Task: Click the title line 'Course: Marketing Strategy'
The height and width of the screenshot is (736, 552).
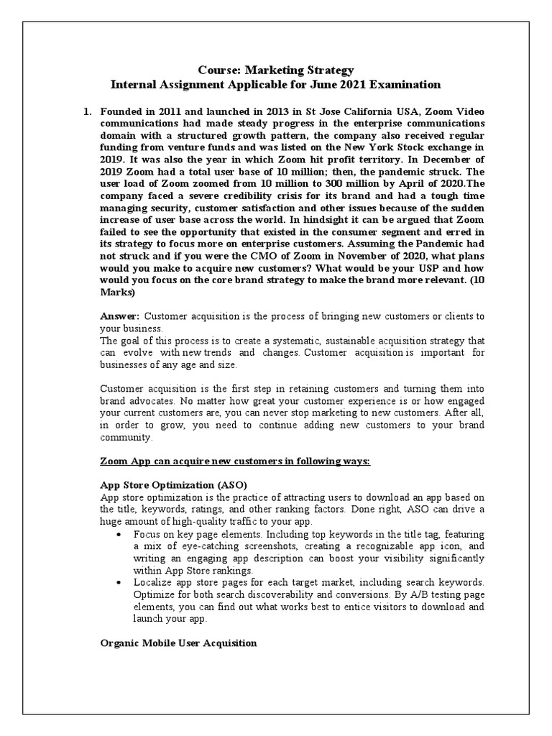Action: [x=275, y=70]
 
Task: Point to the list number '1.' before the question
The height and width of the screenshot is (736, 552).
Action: [x=88, y=112]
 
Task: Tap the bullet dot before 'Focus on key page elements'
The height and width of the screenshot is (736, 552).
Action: [x=118, y=535]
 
